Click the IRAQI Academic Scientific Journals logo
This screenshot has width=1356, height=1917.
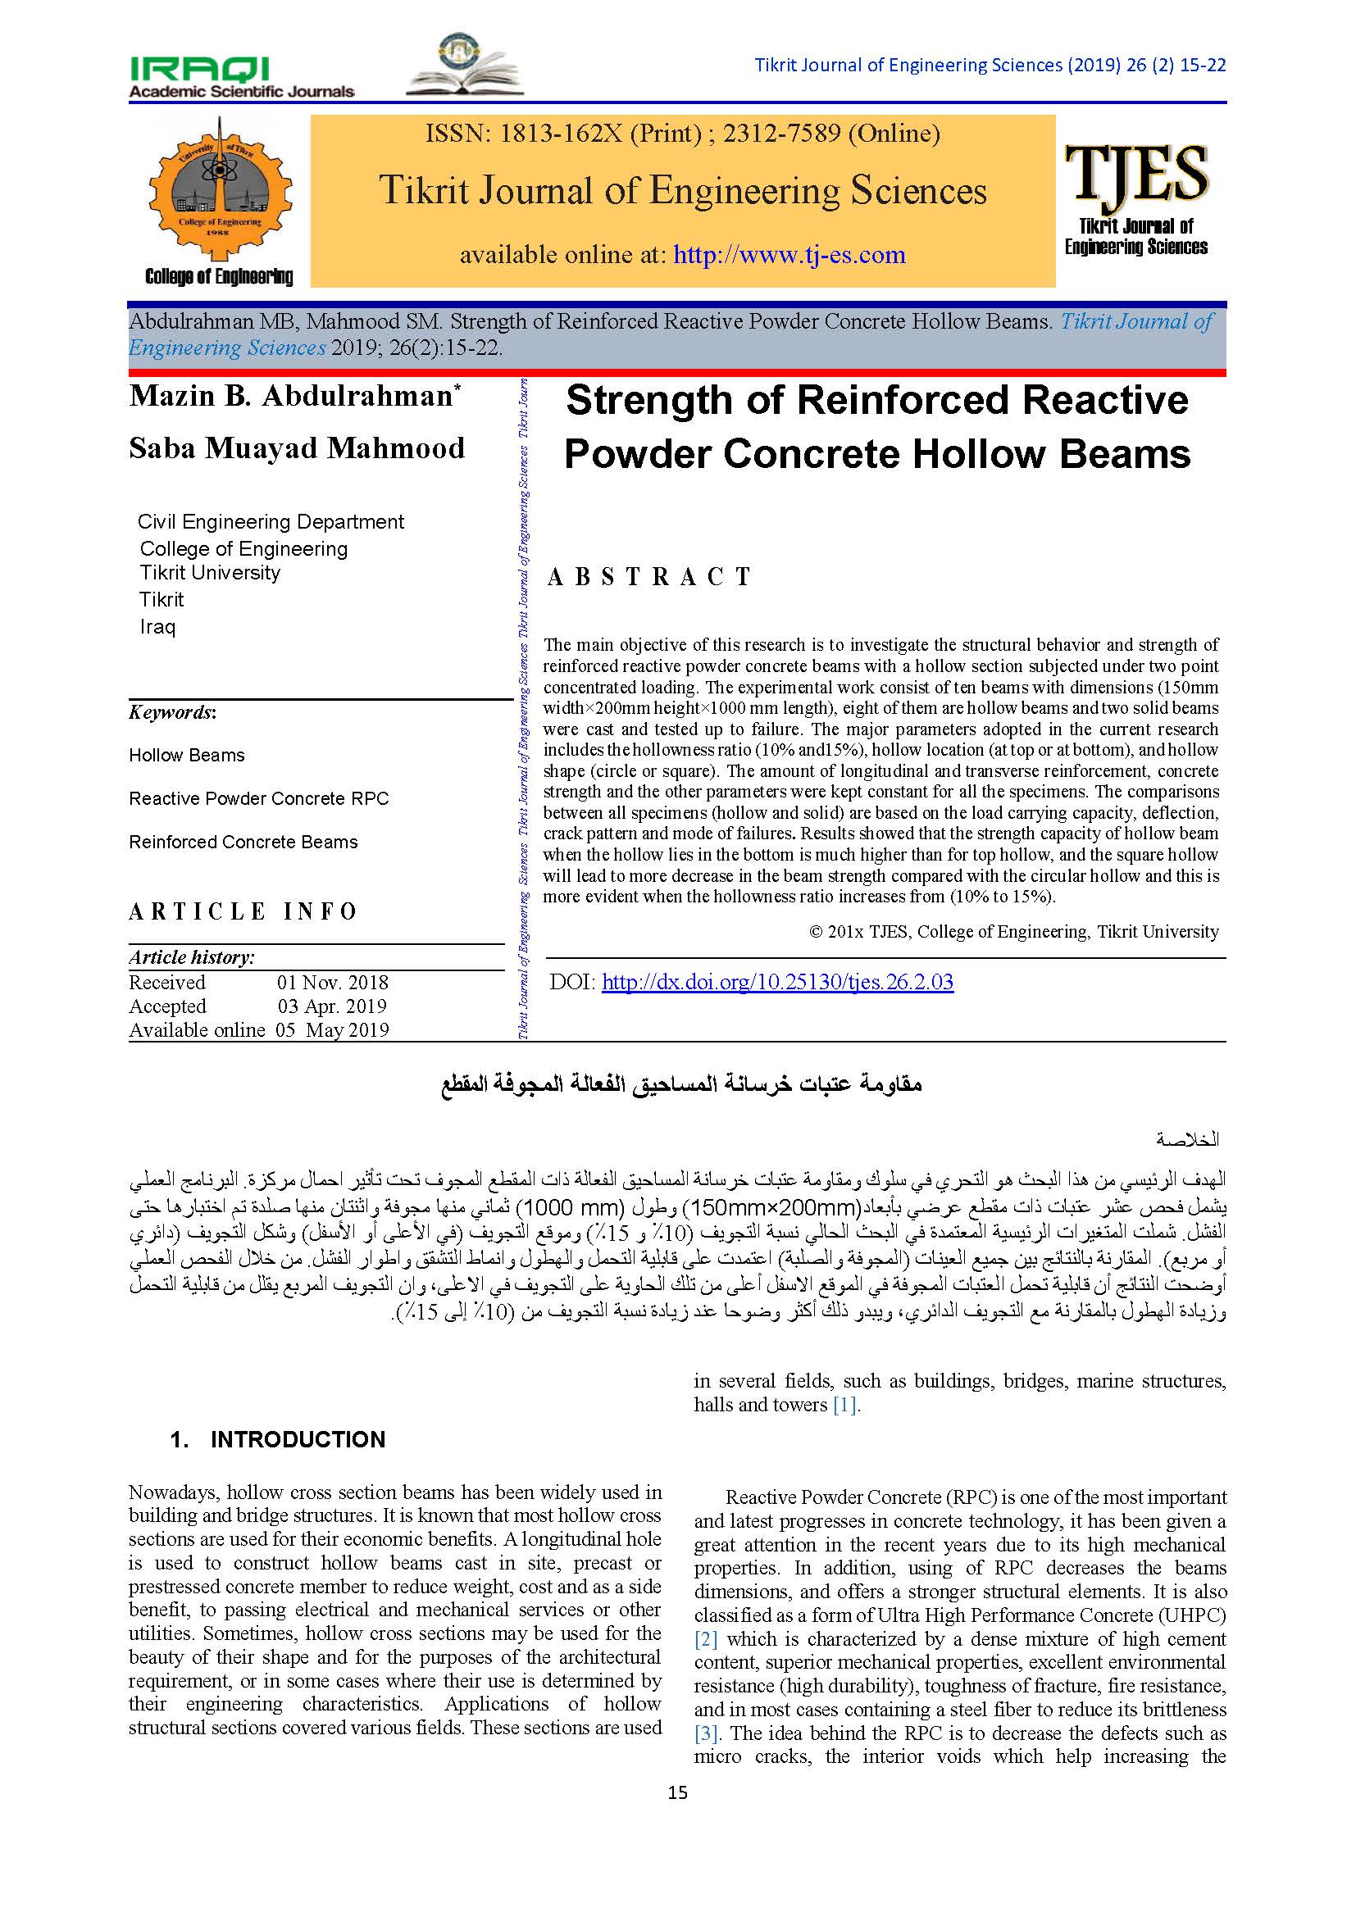[x=241, y=78]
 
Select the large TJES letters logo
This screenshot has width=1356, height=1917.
[x=1136, y=174]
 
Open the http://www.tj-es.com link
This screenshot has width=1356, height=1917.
[x=789, y=254]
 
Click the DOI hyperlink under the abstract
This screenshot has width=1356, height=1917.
[x=776, y=982]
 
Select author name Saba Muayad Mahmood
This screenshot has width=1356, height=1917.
[x=297, y=448]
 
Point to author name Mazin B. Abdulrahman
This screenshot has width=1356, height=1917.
[x=290, y=396]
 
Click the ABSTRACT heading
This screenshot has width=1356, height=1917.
[x=648, y=577]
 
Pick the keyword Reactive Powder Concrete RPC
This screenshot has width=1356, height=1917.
[x=259, y=798]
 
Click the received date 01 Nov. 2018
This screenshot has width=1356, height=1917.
[x=332, y=983]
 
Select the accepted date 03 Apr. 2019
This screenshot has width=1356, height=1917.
[x=331, y=1006]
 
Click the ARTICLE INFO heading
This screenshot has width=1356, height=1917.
[x=243, y=911]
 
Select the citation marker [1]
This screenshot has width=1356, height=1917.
[x=845, y=1405]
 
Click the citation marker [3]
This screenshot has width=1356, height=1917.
[x=706, y=1733]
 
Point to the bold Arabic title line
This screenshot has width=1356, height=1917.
[x=681, y=1084]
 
